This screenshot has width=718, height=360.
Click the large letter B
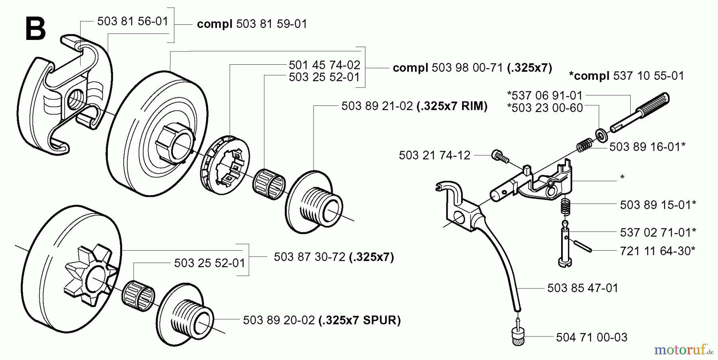pyautogui.click(x=35, y=29)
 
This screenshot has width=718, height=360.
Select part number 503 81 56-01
pyautogui.click(x=133, y=21)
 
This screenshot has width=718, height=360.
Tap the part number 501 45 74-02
pyautogui.click(x=324, y=65)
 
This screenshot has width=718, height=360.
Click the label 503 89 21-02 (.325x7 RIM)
pyautogui.click(x=414, y=106)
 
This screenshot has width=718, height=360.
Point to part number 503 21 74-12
pyautogui.click(x=434, y=155)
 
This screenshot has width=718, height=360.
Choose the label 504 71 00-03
pyautogui.click(x=592, y=338)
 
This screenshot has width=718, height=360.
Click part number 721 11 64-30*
pyautogui.click(x=658, y=251)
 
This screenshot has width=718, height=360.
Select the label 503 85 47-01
pyautogui.click(x=582, y=288)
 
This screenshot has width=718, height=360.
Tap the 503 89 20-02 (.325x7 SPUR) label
pyautogui.click(x=322, y=320)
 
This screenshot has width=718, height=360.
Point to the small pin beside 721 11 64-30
pyautogui.click(x=583, y=245)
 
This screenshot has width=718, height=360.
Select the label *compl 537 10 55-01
pyautogui.click(x=626, y=76)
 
